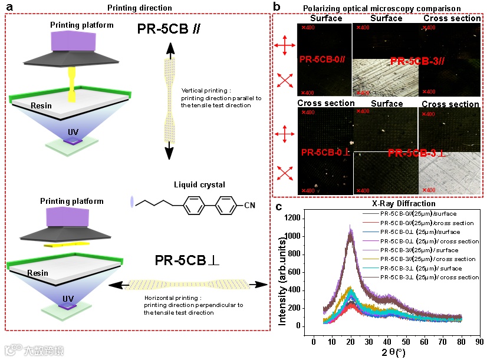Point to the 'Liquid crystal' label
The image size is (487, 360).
coord(200,185)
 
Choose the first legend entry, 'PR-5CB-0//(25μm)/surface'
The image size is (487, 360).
coord(419,213)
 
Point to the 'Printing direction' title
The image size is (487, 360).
coord(140,8)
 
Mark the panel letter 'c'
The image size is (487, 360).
coord(278,206)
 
